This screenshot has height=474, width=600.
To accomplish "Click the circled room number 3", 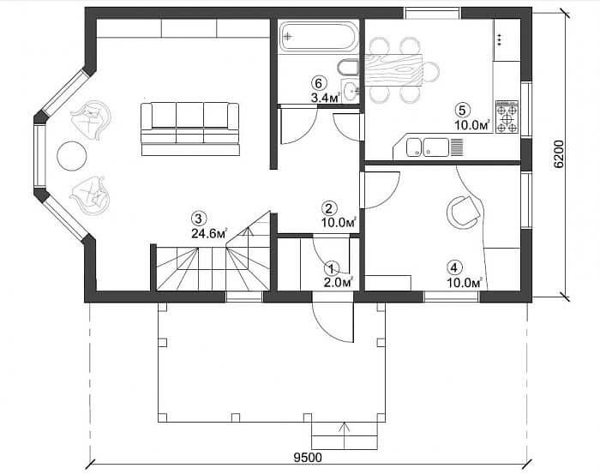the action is [199, 219].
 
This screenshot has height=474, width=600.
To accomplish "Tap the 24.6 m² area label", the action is [209, 233].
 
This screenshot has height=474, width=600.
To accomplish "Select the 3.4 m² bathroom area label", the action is [325, 98].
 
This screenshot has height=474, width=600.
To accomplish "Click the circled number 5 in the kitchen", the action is [462, 111].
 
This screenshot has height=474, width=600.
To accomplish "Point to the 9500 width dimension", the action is [308, 457].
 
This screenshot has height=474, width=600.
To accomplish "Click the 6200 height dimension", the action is [559, 154].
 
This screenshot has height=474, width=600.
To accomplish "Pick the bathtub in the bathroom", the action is [318, 36].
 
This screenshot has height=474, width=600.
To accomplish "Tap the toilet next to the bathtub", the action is [347, 68].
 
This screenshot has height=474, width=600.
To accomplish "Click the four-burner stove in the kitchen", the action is [507, 117].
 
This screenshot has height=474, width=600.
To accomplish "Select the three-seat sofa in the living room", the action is [190, 129].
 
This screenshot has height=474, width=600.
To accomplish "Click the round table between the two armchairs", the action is [71, 156].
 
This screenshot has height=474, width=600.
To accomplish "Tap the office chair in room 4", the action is [464, 212].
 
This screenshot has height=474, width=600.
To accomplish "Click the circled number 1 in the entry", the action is [332, 267].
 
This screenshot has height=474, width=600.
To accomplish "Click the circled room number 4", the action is [453, 267].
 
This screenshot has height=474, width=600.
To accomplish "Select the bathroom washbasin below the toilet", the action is [350, 91].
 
